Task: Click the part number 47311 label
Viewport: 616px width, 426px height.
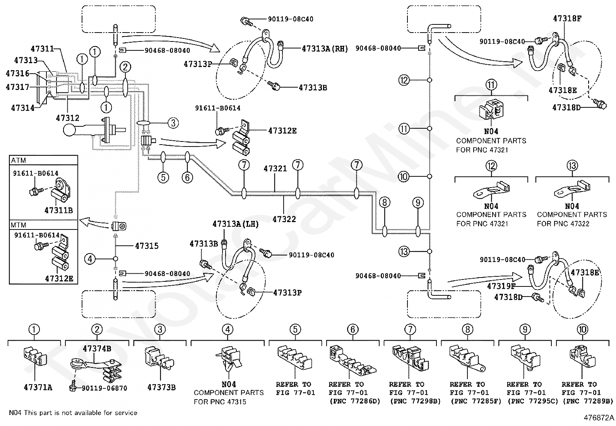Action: [x=42, y=49]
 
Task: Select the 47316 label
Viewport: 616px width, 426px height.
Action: [x=17, y=73]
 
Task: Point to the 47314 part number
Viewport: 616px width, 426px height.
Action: [x=22, y=108]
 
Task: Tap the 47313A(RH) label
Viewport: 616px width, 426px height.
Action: [x=325, y=49]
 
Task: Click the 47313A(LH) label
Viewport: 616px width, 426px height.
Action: [x=236, y=224]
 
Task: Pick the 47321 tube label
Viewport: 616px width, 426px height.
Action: [x=275, y=168]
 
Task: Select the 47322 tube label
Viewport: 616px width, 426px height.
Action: [x=284, y=219]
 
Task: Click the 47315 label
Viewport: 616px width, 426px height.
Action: [x=147, y=246]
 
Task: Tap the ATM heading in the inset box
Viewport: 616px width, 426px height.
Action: [x=19, y=160]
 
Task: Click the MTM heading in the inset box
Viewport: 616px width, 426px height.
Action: [x=19, y=225]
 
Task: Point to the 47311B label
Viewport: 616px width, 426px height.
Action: [x=58, y=210]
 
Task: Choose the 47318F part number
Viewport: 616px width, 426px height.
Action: [x=567, y=19]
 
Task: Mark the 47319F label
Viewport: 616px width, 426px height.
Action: [x=501, y=286]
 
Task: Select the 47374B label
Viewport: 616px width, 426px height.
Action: [x=97, y=348]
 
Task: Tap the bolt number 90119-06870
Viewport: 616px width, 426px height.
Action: [x=104, y=388]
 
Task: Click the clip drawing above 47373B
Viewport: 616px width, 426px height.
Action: [x=159, y=359]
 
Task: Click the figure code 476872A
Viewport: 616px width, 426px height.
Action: [x=599, y=418]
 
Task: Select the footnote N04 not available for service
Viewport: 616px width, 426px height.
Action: [x=73, y=413]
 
